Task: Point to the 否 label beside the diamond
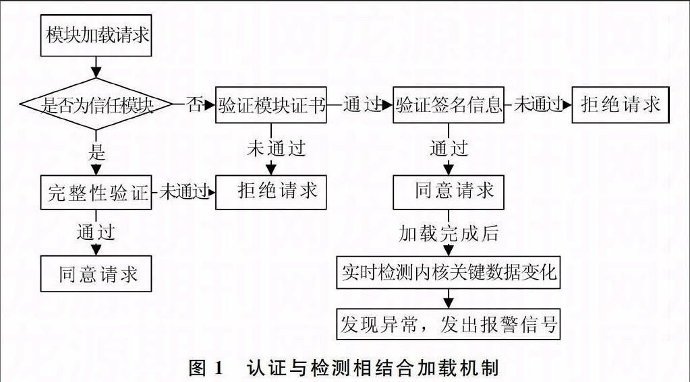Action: tap(195, 104)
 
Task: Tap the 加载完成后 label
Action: tap(449, 233)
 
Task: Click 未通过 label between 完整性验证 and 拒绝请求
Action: tap(184, 191)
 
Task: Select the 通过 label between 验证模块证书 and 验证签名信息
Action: tap(362, 104)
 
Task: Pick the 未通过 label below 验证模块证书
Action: tap(277, 148)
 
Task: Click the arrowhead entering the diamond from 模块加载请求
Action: tap(96, 73)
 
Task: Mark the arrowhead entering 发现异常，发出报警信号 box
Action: tap(449, 303)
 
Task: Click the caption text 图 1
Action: tap(206, 367)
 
